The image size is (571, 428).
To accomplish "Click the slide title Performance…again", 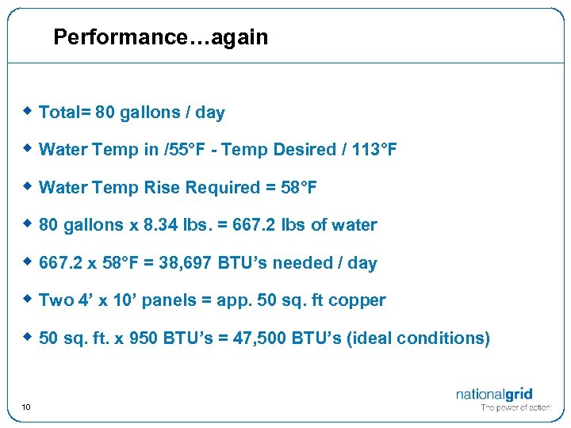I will pyautogui.click(x=161, y=37).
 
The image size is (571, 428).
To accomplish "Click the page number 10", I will pyautogui.click(x=26, y=407).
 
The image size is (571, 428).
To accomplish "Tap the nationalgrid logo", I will pyautogui.click(x=494, y=395).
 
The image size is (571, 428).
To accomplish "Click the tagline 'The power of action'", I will pyautogui.click(x=516, y=408).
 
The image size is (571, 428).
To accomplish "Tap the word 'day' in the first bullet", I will pyautogui.click(x=209, y=113).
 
